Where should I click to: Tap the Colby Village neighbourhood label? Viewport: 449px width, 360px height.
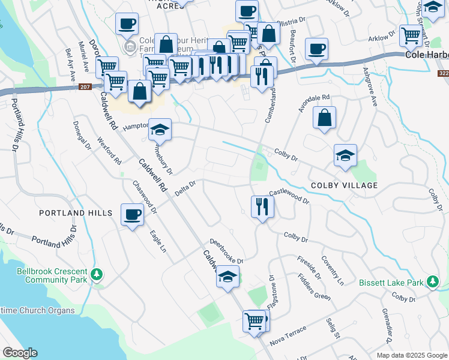coord(344,185)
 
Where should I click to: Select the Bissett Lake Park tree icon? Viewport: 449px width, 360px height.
coord(432,282)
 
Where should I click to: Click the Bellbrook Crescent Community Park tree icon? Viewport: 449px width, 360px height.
coord(97,275)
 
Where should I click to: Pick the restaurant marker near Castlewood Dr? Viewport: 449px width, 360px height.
coord(262,207)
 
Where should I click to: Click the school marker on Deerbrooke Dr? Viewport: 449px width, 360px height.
coord(228,277)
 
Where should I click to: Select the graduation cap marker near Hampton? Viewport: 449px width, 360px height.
coord(160,130)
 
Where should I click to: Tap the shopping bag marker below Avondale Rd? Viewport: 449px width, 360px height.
coord(324,118)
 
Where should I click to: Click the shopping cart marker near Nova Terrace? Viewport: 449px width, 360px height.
coord(255,321)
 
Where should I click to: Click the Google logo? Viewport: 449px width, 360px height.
coord(20,352)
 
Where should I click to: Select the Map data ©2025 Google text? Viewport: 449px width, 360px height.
coord(411,355)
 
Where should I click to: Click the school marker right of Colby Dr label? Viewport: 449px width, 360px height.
coord(345,156)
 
